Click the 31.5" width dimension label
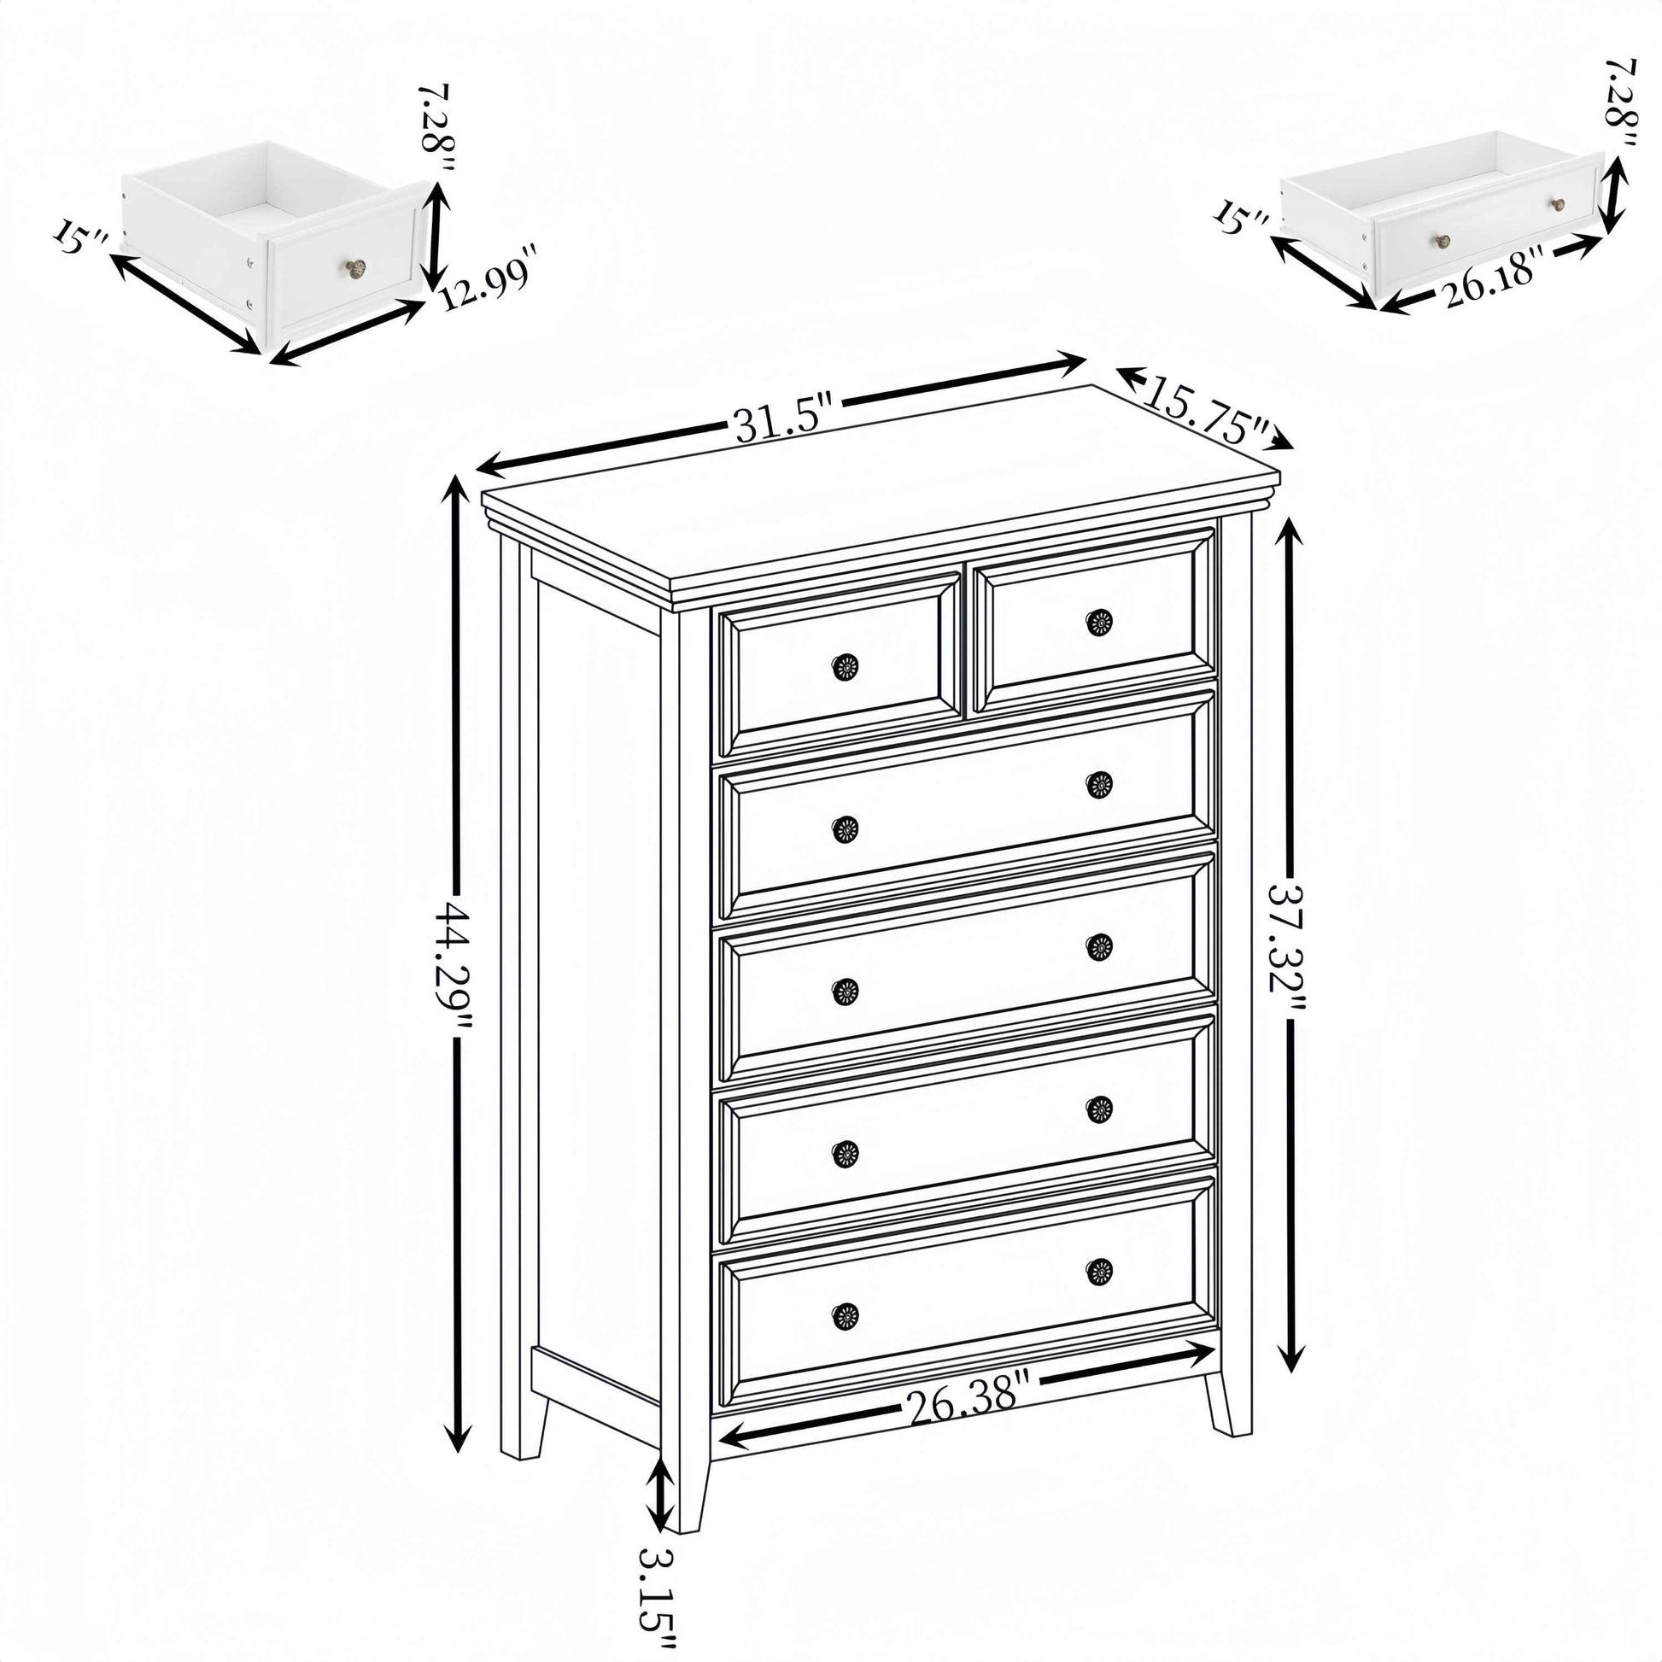(x=784, y=423)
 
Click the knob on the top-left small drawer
(x=845, y=667)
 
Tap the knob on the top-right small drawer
(x=1098, y=622)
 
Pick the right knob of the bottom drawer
(x=1098, y=1271)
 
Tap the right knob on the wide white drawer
(x=1558, y=205)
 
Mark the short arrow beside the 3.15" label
(x=661, y=1499)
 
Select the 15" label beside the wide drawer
(x=1240, y=219)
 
